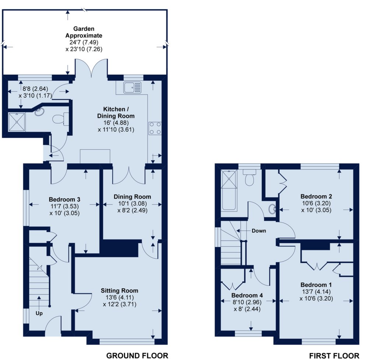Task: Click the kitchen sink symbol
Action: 133,88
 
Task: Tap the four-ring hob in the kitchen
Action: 155,128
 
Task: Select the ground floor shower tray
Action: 17,122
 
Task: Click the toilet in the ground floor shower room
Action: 60,119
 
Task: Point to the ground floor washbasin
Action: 39,112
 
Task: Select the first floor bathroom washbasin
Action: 273,209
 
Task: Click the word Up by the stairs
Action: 39,313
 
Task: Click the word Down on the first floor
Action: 259,231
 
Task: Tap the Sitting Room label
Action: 120,291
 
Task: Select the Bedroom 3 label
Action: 64,199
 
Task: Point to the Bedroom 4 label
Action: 247,295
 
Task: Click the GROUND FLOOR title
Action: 137,356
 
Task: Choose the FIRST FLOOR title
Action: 334,356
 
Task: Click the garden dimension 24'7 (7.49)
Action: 84,42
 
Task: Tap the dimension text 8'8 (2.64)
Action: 35,89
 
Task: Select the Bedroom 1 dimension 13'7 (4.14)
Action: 316,292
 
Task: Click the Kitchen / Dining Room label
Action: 116,113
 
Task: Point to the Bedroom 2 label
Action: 316,196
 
